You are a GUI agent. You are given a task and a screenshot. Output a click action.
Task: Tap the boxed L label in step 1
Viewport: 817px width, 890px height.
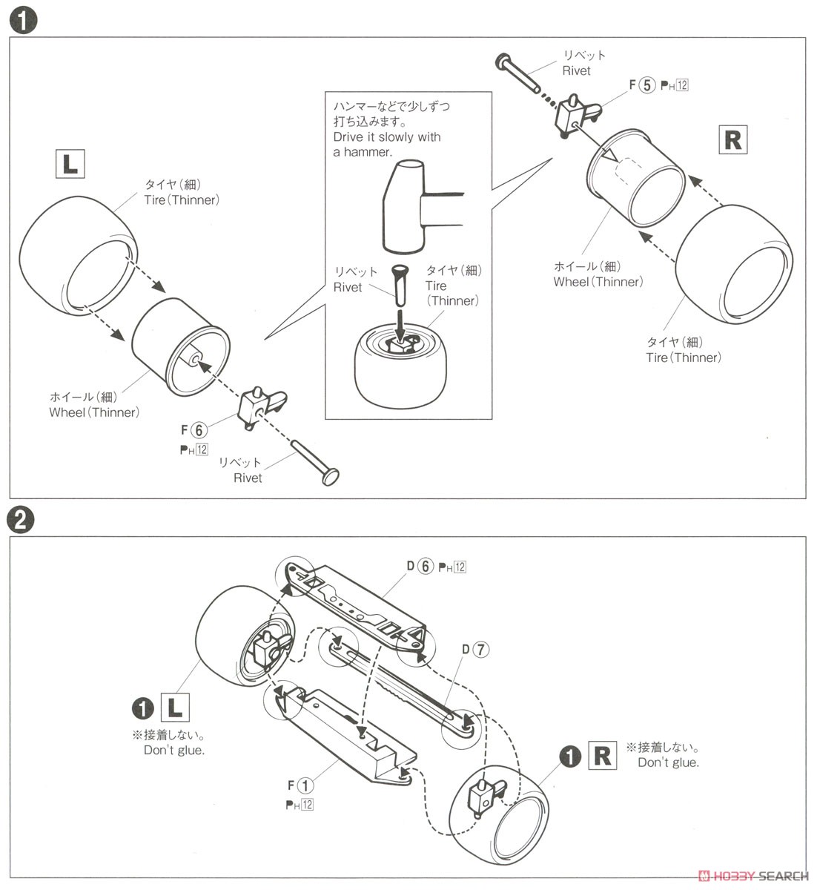click(70, 163)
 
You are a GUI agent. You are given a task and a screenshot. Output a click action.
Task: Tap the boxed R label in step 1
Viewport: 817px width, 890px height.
click(732, 139)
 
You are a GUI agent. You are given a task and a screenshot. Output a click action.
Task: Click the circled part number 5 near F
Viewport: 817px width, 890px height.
click(647, 85)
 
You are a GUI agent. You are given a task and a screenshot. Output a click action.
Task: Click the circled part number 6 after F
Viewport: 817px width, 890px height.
click(197, 429)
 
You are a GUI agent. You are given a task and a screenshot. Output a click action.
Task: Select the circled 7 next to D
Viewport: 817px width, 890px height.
click(480, 650)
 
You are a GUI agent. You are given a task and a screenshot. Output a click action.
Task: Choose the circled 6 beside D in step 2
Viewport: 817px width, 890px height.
click(425, 566)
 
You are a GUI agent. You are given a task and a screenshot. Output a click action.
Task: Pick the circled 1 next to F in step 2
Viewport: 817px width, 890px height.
click(305, 786)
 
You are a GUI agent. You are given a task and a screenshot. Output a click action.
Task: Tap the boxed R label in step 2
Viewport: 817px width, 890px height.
click(603, 756)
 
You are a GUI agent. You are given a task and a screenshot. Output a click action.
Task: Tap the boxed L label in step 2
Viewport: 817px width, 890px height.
click(174, 708)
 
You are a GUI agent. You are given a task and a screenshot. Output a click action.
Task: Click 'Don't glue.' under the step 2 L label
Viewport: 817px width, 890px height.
click(174, 751)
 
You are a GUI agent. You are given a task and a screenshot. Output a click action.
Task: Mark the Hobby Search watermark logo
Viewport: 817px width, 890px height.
click(753, 876)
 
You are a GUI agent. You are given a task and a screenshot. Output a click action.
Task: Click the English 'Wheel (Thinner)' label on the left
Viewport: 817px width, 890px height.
click(94, 412)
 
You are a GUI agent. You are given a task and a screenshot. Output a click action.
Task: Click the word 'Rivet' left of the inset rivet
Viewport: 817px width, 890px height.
click(348, 287)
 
